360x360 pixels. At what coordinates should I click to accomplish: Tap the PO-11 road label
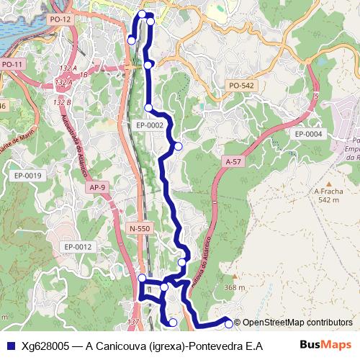pos(13,64)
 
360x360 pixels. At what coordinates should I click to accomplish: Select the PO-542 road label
pos(242,86)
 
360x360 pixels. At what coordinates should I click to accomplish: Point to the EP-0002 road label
pos(150,125)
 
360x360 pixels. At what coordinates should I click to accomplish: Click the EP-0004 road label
pos(309,134)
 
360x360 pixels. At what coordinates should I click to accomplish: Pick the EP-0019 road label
pos(29,176)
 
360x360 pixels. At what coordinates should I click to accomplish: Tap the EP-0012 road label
pos(78,247)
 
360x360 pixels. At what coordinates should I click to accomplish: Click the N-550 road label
pos(140,228)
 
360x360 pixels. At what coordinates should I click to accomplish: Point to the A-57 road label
pos(233,162)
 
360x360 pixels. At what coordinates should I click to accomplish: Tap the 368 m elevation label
pos(234,288)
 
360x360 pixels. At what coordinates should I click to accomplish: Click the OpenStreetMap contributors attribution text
pos(297,323)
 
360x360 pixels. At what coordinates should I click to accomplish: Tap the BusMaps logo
pos(326,345)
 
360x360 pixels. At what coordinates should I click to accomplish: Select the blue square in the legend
pos(9,346)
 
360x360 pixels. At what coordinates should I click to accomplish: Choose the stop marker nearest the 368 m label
pos(229,324)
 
